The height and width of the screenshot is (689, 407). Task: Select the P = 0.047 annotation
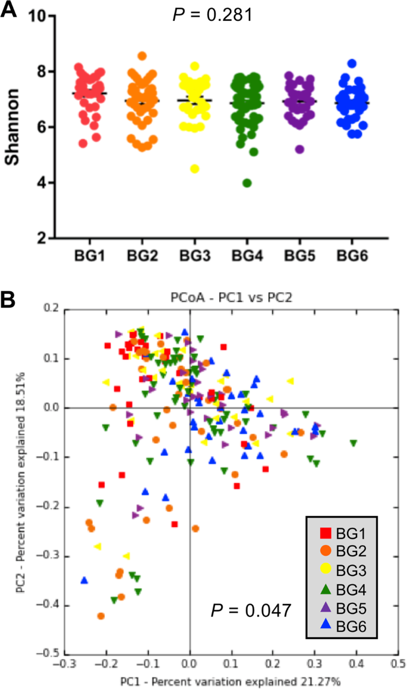(251, 610)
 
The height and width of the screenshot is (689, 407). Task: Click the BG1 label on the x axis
(89, 256)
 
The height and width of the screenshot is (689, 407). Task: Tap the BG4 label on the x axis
(247, 256)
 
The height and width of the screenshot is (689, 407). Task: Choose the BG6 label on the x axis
(351, 256)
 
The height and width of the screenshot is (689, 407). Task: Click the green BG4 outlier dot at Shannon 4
(247, 183)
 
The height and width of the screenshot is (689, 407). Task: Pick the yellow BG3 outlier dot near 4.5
(194, 169)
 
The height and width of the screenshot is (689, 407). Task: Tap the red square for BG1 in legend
(325, 534)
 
